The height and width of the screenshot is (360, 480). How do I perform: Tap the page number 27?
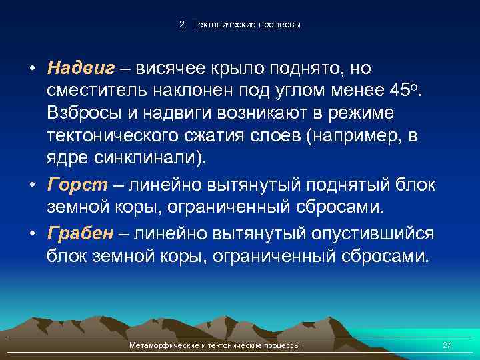[446, 345]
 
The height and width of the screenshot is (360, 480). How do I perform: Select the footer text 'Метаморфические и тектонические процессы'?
[214, 345]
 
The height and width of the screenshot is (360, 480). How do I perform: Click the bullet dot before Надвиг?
[32, 69]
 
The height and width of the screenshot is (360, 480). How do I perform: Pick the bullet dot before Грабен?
[32, 234]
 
